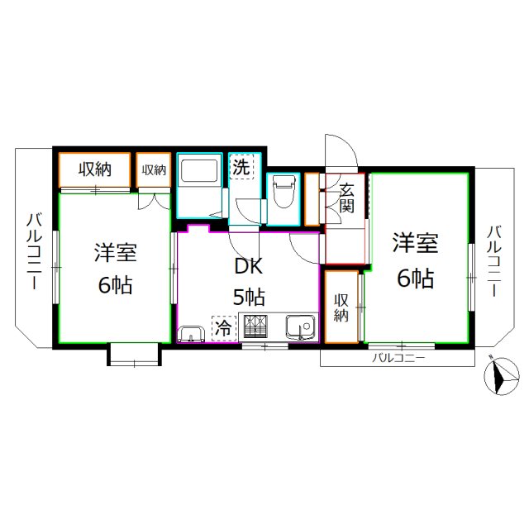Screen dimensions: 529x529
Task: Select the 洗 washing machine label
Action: coord(241,166)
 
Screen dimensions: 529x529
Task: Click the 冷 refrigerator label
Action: coord(223,328)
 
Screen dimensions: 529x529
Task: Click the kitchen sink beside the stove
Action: coord(302,328)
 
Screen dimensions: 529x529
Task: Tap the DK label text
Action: coord(247,267)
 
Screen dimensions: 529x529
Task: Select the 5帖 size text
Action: coord(248,296)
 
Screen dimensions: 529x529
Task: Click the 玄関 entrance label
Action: coord(347,198)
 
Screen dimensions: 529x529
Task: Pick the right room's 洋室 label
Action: coord(414,245)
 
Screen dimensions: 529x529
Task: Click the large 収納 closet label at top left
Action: coord(95,169)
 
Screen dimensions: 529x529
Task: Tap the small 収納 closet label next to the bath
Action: coord(155,170)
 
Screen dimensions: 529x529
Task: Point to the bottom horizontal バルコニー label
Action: coord(398,358)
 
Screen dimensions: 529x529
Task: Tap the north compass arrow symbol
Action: coord(498,377)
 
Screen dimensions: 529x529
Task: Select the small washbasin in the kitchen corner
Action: coord(191,334)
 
